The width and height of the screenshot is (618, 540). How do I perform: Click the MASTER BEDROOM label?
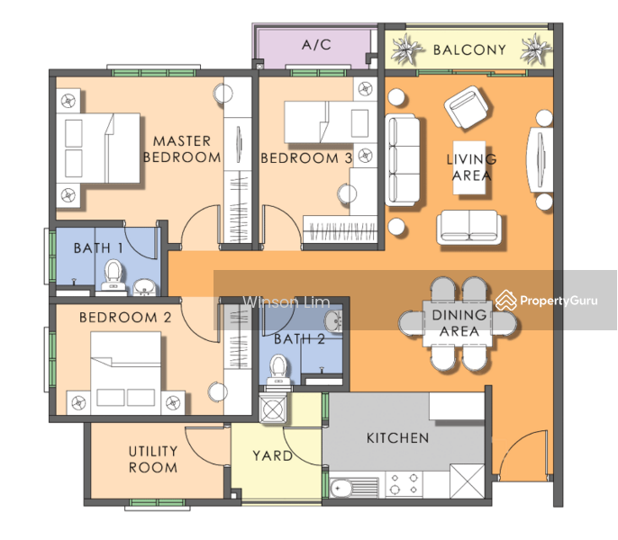[182, 149]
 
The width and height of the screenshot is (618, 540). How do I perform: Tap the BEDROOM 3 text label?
[306, 158]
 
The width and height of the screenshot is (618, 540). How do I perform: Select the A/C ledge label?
[316, 45]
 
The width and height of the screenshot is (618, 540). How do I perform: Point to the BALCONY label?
[469, 50]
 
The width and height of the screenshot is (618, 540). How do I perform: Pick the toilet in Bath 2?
[278, 371]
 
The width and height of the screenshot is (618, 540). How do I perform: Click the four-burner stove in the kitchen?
[404, 484]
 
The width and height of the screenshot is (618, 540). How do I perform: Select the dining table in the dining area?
[458, 324]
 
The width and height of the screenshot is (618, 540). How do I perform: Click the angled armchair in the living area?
[468, 107]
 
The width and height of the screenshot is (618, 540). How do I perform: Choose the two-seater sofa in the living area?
[468, 227]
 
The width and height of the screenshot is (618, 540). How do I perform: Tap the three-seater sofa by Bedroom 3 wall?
[402, 160]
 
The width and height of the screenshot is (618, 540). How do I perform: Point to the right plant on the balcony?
[535, 49]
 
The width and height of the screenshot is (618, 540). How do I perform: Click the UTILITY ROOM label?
[153, 459]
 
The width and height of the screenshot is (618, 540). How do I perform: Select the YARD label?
[272, 456]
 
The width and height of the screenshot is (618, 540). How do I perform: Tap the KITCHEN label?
[397, 438]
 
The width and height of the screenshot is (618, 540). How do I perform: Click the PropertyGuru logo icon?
[506, 301]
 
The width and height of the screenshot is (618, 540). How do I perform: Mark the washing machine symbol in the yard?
[273, 409]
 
